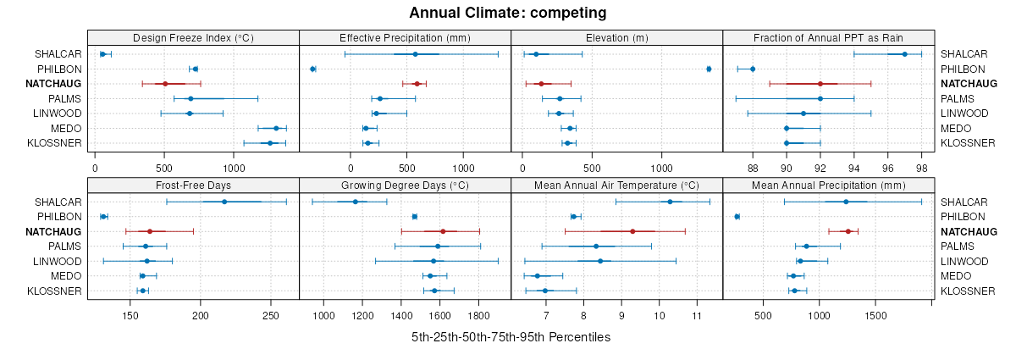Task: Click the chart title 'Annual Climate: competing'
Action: tap(508, 13)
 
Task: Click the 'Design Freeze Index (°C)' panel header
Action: tap(194, 38)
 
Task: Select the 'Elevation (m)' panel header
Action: tap(617, 38)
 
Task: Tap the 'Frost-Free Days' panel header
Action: tap(194, 186)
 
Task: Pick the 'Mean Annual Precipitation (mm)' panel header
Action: tap(828, 186)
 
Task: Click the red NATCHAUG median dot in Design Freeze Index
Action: tap(165, 84)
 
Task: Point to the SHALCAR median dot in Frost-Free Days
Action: tap(224, 202)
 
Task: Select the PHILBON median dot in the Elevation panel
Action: tap(709, 69)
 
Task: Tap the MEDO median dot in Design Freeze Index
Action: tap(276, 128)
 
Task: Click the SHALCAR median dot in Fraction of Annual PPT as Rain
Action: tap(905, 54)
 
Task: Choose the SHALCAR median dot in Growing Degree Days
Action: tap(356, 202)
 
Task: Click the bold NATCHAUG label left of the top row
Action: tap(52, 84)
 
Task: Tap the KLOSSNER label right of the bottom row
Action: tap(967, 291)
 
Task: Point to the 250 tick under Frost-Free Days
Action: tap(270, 315)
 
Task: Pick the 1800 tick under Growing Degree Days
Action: tap(479, 315)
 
